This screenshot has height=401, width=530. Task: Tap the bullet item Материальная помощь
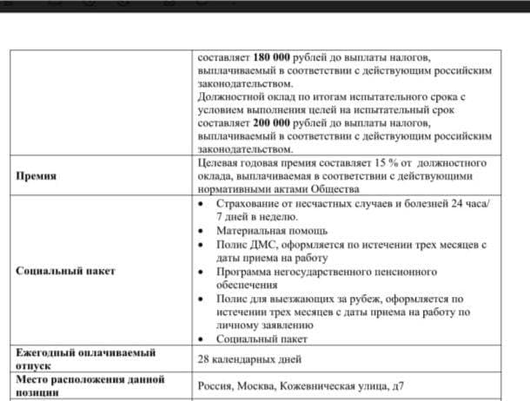point(272,230)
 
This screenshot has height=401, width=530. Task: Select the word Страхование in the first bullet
point(253,202)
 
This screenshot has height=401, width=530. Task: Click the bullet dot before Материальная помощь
point(203,230)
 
